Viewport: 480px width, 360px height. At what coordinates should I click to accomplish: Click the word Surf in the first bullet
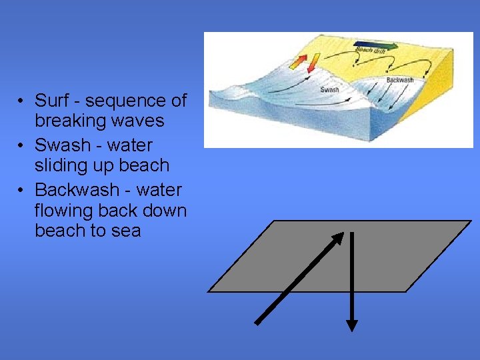pyautogui.click(x=51, y=101)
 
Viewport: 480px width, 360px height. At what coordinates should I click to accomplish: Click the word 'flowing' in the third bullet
pyautogui.click(x=63, y=211)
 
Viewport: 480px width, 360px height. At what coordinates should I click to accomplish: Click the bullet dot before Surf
pyautogui.click(x=22, y=101)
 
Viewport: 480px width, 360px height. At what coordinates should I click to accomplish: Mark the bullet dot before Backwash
pyautogui.click(x=22, y=190)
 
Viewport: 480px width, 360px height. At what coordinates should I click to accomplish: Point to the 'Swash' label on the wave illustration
pyautogui.click(x=329, y=89)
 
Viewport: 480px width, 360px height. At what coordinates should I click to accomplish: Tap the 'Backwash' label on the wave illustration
pyautogui.click(x=400, y=80)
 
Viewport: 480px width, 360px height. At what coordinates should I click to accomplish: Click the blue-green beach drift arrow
pyautogui.click(x=377, y=45)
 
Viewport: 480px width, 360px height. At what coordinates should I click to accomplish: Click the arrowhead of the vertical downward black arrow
pyautogui.click(x=352, y=325)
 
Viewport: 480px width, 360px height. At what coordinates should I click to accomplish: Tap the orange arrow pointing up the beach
pyautogui.click(x=298, y=61)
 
